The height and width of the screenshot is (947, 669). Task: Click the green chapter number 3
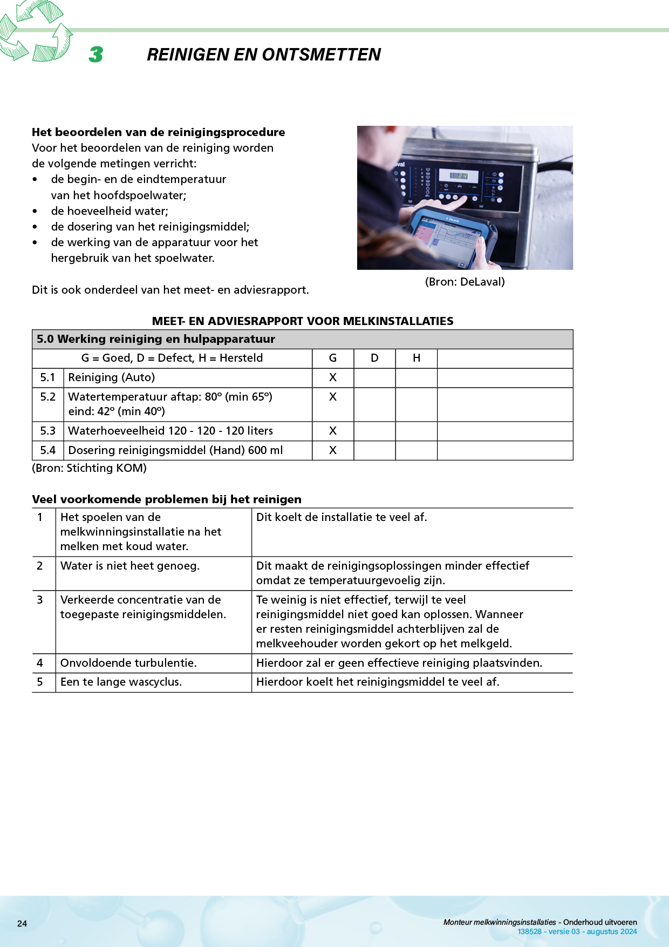96,54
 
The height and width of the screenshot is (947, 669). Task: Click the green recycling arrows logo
35,31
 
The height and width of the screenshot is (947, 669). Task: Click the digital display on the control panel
459,176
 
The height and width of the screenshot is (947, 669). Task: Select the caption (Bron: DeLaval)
465,282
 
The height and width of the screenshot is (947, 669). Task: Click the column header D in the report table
374,358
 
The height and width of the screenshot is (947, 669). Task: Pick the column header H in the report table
416,358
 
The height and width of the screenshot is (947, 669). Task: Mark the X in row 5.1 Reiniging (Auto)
333,377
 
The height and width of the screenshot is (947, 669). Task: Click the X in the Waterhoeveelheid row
333,431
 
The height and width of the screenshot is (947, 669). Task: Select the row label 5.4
48,450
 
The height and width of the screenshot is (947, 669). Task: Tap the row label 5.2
48,397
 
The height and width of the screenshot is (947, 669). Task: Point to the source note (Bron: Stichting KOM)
90,468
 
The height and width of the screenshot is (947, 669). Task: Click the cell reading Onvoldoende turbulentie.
128,663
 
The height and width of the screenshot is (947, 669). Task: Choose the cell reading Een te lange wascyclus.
121,682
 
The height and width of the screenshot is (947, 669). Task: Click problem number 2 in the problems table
40,566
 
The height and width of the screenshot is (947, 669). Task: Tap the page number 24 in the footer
22,924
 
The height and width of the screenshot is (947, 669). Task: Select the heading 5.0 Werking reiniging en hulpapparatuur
156,339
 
